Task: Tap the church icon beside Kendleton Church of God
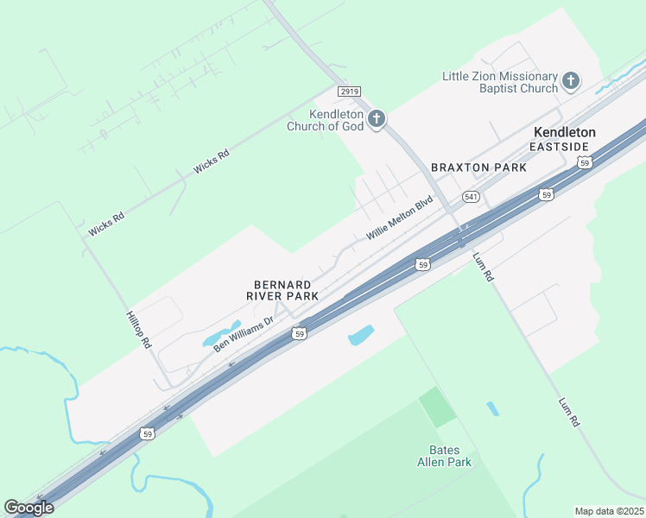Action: click(x=376, y=118)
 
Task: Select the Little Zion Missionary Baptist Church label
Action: click(x=500, y=82)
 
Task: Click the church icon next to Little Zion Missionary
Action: click(x=570, y=81)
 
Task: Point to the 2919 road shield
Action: click(x=349, y=91)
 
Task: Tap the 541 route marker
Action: click(x=471, y=197)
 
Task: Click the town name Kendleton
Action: click(x=565, y=132)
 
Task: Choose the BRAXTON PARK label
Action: click(x=472, y=167)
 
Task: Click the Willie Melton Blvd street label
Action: click(x=398, y=220)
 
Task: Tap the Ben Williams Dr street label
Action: click(x=244, y=332)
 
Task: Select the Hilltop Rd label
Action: click(x=138, y=329)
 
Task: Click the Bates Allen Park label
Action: click(x=451, y=456)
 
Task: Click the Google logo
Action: click(x=28, y=508)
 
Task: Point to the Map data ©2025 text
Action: click(x=610, y=510)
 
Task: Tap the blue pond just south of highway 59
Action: click(x=361, y=335)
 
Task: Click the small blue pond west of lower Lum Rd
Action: click(x=491, y=408)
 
